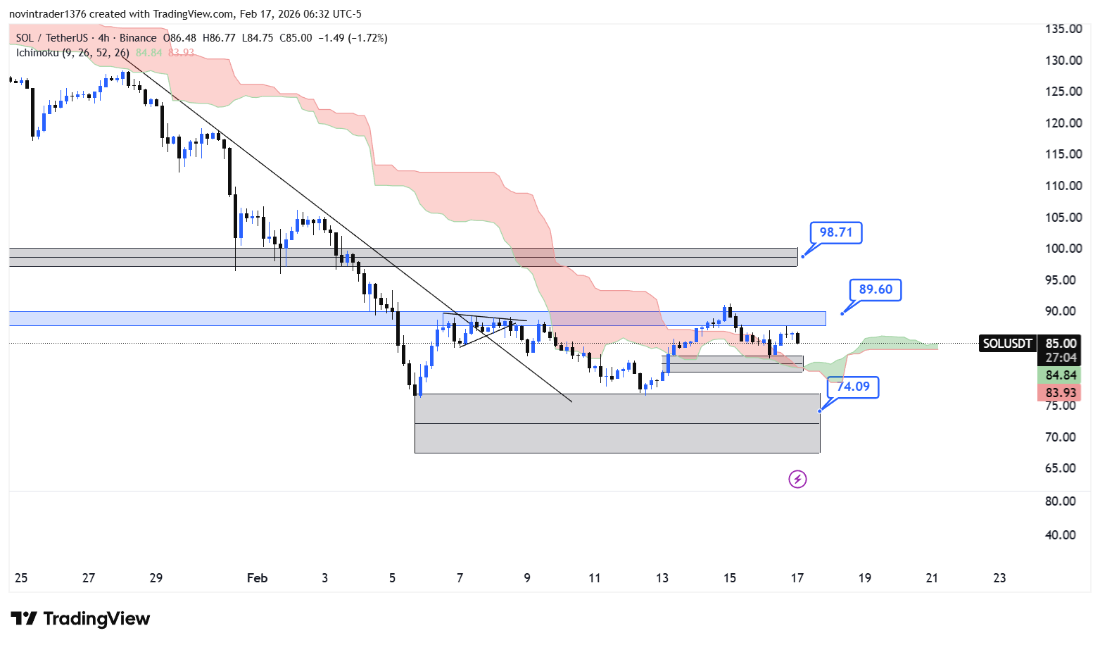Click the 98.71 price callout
pos(835,232)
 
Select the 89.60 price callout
pos(875,289)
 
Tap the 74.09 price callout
pos(853,387)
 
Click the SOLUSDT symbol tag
pos(1007,344)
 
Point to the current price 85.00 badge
pos(1061,344)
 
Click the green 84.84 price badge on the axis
pos(1061,375)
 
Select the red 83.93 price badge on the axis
pos(1061,393)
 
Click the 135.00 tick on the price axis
pos(1063,29)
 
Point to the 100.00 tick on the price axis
pos(1063,249)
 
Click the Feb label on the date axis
pos(257,578)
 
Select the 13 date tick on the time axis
pos(662,578)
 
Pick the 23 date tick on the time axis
pos(999,578)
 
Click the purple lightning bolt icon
pos(797,480)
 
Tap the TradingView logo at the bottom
pos(80,619)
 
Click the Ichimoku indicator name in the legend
pos(37,53)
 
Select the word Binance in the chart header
pos(138,38)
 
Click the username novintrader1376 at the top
pos(47,14)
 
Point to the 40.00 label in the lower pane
pos(1061,535)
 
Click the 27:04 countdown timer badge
pos(1061,358)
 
